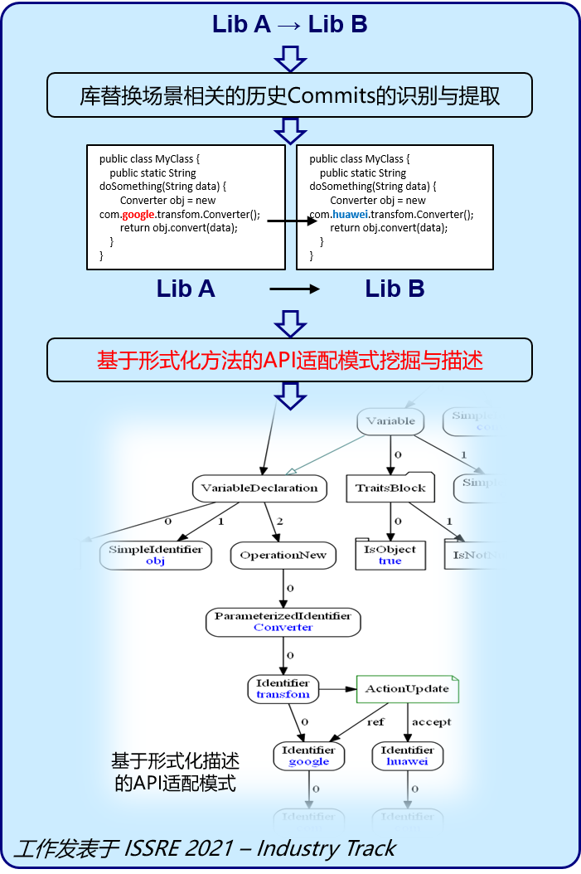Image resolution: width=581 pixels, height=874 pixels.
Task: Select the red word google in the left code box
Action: pos(138,214)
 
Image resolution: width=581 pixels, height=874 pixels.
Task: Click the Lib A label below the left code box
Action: pos(186,289)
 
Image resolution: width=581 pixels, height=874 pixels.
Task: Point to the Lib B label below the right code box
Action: pos(395,289)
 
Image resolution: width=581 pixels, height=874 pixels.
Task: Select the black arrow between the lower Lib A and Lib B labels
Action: pos(294,289)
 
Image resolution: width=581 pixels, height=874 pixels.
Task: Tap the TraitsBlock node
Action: pos(390,488)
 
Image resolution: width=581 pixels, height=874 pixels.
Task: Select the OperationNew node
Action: pos(283,555)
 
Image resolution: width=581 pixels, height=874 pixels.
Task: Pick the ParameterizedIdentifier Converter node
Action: pos(283,622)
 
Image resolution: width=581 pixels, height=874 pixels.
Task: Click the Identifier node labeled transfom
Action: pos(283,688)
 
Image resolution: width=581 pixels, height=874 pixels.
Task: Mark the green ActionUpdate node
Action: pos(407,689)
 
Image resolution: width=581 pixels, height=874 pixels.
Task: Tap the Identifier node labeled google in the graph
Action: pos(308,755)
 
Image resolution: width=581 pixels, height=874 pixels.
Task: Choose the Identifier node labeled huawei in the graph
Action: pos(407,755)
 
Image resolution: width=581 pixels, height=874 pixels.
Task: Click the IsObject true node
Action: pos(390,555)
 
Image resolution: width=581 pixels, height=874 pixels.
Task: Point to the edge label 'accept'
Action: pos(431,721)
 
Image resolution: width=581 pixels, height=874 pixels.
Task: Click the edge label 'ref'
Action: pos(375,721)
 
